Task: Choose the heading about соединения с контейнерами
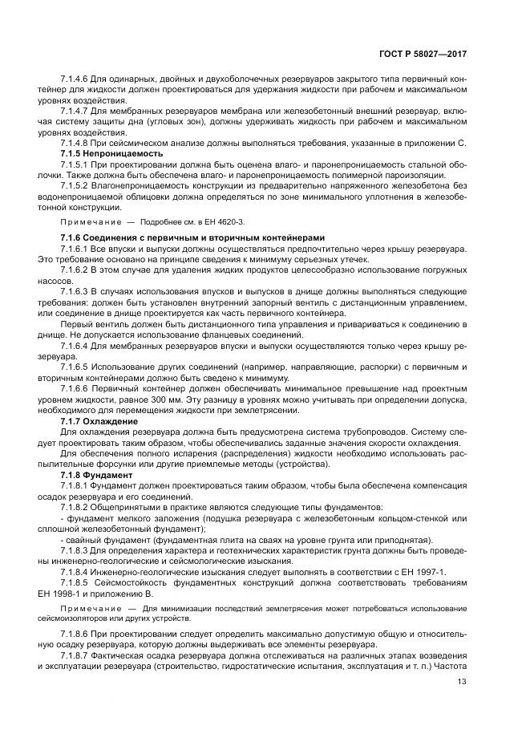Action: pyautogui.click(x=192, y=238)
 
